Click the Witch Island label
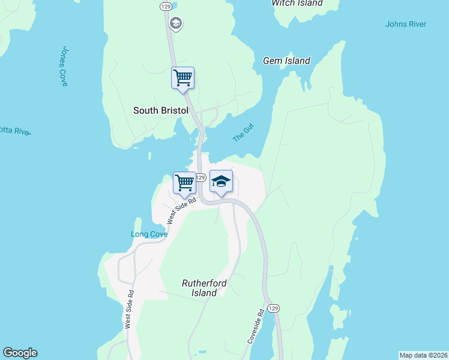click(x=297, y=3)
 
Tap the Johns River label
click(x=406, y=24)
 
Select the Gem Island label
click(x=286, y=61)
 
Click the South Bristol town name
click(x=160, y=110)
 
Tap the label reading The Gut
click(x=244, y=132)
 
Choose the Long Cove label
click(x=149, y=234)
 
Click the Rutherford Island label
click(x=199, y=287)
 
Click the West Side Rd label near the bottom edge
click(x=130, y=310)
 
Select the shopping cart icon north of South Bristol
click(x=182, y=77)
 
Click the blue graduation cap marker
click(x=221, y=182)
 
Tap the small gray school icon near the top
click(x=176, y=24)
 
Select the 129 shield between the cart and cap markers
click(x=201, y=178)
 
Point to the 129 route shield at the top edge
click(x=166, y=5)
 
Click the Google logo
click(x=20, y=353)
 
